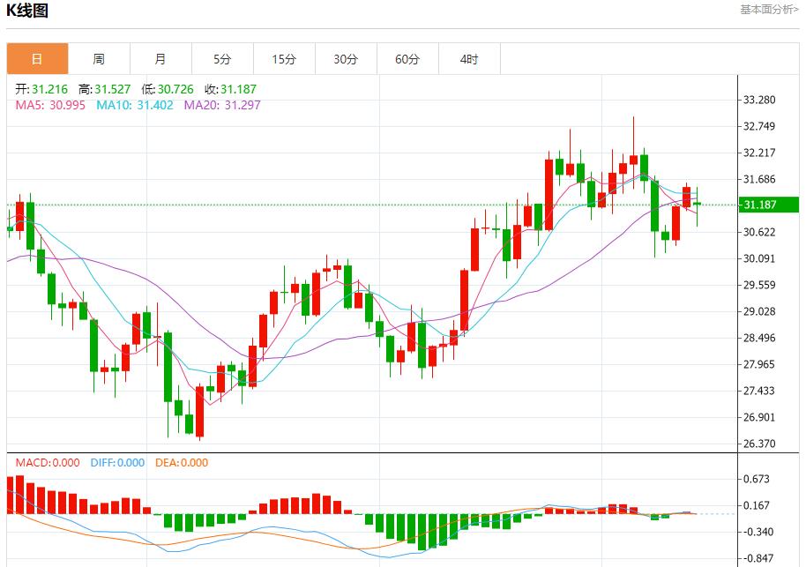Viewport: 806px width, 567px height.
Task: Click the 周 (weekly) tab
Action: click(99, 59)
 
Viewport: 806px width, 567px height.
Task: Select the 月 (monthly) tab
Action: click(160, 59)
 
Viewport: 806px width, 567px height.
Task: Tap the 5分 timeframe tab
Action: click(222, 59)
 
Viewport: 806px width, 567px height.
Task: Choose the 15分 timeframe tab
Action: click(284, 59)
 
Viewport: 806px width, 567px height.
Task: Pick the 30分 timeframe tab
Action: click(346, 59)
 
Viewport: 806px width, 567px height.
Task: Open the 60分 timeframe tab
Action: click(407, 59)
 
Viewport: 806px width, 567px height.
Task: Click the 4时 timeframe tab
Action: click(469, 59)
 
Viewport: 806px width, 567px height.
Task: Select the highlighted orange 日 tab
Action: click(37, 59)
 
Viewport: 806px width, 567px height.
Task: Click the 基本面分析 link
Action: click(769, 10)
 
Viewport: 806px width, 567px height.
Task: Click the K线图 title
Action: click(27, 11)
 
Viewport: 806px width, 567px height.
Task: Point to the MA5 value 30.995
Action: click(67, 105)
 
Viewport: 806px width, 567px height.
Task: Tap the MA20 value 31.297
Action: click(243, 105)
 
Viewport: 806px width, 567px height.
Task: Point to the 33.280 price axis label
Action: click(760, 100)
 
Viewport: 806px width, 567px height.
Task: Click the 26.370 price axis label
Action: click(760, 444)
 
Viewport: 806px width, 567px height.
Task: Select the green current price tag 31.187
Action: click(767, 205)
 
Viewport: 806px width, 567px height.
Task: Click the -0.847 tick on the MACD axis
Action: click(758, 558)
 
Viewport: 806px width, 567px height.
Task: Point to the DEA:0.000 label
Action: click(182, 462)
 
